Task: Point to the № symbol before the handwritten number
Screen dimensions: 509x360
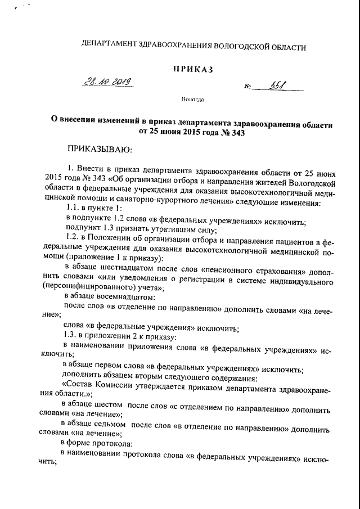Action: tap(247, 87)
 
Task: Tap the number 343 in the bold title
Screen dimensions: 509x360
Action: tap(237, 133)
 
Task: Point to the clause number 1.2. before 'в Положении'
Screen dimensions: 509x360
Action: tap(75, 241)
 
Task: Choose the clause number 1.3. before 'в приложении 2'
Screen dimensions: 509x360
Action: tap(75, 336)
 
